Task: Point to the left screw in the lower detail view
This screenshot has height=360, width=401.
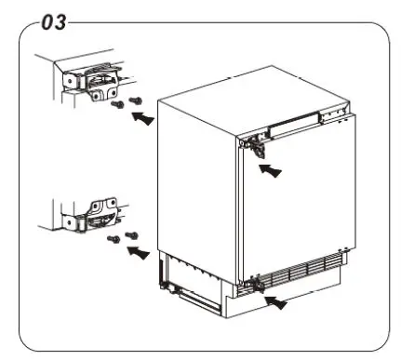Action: pyautogui.click(x=114, y=241)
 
